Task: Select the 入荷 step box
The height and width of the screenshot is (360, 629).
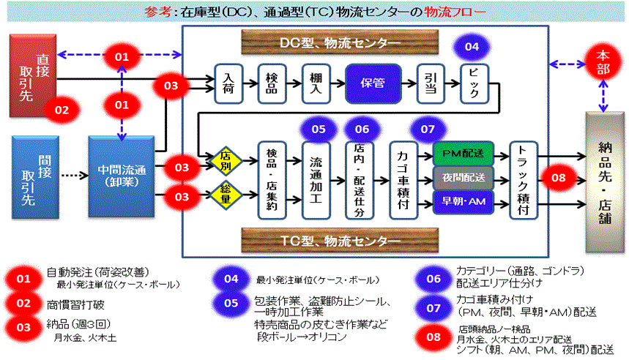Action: tap(228, 82)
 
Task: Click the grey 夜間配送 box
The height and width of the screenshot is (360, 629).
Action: tap(463, 178)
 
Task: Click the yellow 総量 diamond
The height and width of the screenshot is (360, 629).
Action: tap(226, 195)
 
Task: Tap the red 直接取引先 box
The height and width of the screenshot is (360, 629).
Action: tap(32, 75)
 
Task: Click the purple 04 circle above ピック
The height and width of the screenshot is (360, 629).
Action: tap(472, 48)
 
